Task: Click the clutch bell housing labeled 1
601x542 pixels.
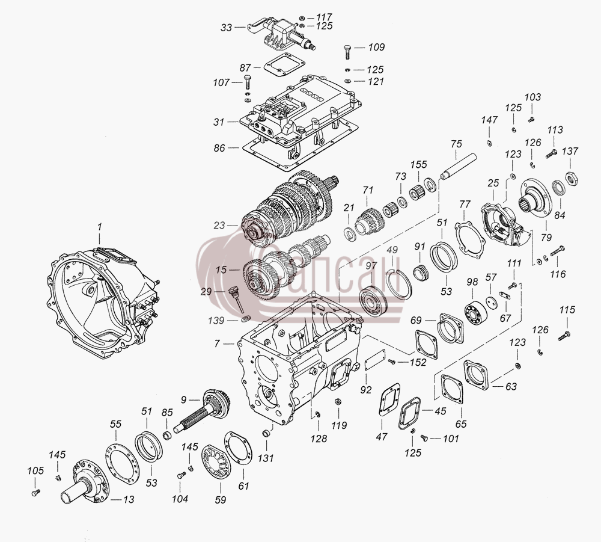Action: (x=102, y=303)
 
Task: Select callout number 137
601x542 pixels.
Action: (x=570, y=151)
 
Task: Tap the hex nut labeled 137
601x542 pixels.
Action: (x=572, y=179)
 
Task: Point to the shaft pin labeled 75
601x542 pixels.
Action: (x=458, y=166)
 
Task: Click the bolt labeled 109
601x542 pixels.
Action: (x=347, y=51)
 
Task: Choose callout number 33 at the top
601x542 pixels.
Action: (x=226, y=28)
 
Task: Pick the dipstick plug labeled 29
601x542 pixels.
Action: (x=234, y=298)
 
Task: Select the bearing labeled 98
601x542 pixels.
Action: (x=475, y=307)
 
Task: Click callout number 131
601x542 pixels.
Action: (x=266, y=458)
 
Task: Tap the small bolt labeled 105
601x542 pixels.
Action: (x=35, y=493)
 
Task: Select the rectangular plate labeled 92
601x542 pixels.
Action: (x=375, y=360)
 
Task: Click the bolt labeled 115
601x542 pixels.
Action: (x=564, y=336)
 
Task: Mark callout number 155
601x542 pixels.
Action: (x=418, y=164)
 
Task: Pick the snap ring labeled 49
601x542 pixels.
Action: (x=398, y=284)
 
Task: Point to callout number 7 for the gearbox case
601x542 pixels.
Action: (x=217, y=343)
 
